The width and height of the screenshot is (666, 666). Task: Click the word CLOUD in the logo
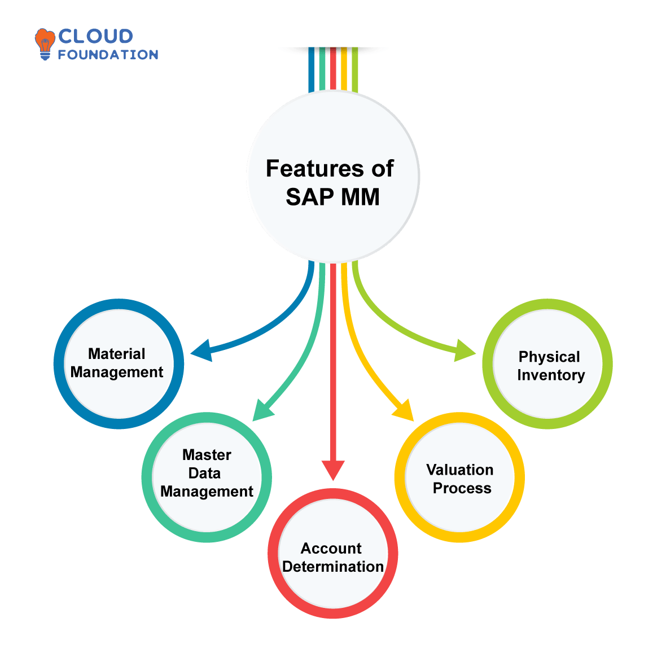click(x=95, y=37)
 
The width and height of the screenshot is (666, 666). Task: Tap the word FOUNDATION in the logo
click(x=107, y=55)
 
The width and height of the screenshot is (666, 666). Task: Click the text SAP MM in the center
click(x=332, y=197)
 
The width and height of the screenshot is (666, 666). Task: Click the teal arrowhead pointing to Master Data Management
click(x=261, y=410)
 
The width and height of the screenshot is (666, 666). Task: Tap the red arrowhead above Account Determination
click(x=333, y=470)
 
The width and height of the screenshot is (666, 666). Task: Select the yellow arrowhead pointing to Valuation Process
click(x=405, y=410)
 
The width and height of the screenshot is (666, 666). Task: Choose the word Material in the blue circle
click(x=117, y=354)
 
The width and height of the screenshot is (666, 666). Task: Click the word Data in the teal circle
click(x=204, y=474)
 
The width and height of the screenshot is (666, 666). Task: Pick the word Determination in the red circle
click(x=333, y=567)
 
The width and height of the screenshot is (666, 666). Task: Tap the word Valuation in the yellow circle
click(x=460, y=470)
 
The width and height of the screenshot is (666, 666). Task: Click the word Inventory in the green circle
click(x=551, y=375)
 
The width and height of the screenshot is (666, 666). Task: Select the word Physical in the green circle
click(x=549, y=357)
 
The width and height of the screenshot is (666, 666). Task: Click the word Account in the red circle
click(x=331, y=549)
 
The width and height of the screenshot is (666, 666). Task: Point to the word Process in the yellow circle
click(x=462, y=488)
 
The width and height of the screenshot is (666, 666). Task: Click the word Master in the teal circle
click(x=207, y=455)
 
